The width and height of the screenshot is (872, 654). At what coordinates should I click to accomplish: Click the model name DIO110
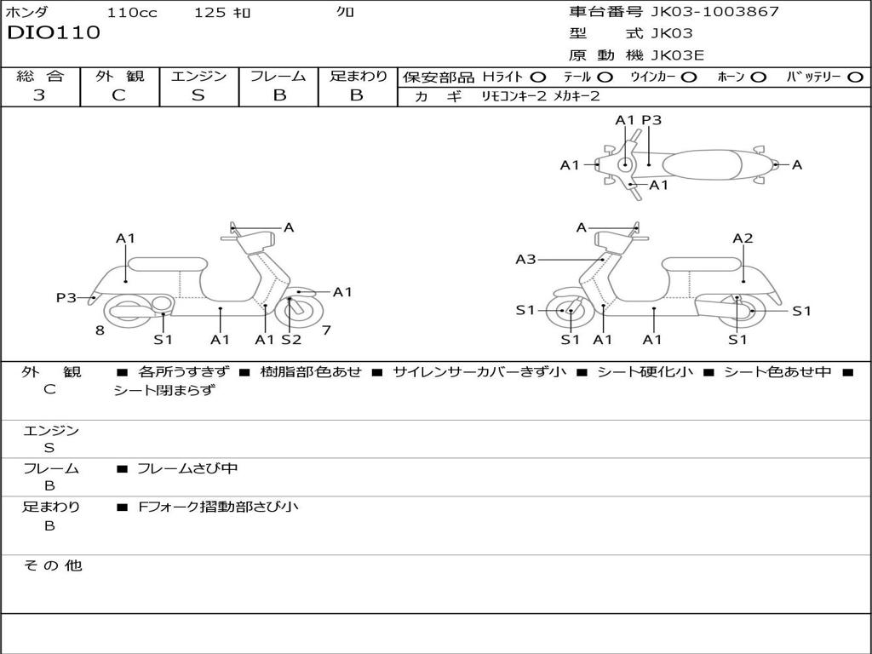54,33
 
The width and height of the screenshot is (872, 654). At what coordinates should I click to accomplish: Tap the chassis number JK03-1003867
714,12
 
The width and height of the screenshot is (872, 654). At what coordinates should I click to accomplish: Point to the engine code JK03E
677,55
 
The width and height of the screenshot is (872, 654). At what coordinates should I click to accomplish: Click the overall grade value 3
39,95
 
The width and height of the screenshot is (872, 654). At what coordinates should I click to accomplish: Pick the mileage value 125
209,13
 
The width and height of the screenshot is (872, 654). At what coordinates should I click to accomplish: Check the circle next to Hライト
538,77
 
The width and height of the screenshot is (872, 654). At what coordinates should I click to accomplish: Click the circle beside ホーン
758,77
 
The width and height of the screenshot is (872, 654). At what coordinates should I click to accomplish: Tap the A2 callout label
743,238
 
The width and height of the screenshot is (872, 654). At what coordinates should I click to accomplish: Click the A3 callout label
525,259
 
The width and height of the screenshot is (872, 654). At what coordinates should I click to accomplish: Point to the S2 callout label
291,340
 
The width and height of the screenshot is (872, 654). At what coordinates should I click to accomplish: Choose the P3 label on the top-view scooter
651,120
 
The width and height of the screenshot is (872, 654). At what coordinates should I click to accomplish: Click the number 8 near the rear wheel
100,330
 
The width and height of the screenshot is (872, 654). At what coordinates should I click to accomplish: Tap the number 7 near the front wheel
326,330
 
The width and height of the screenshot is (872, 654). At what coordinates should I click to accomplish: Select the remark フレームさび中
187,468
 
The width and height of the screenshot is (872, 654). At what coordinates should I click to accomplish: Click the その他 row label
52,565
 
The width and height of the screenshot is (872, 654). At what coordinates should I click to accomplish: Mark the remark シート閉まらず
164,391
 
